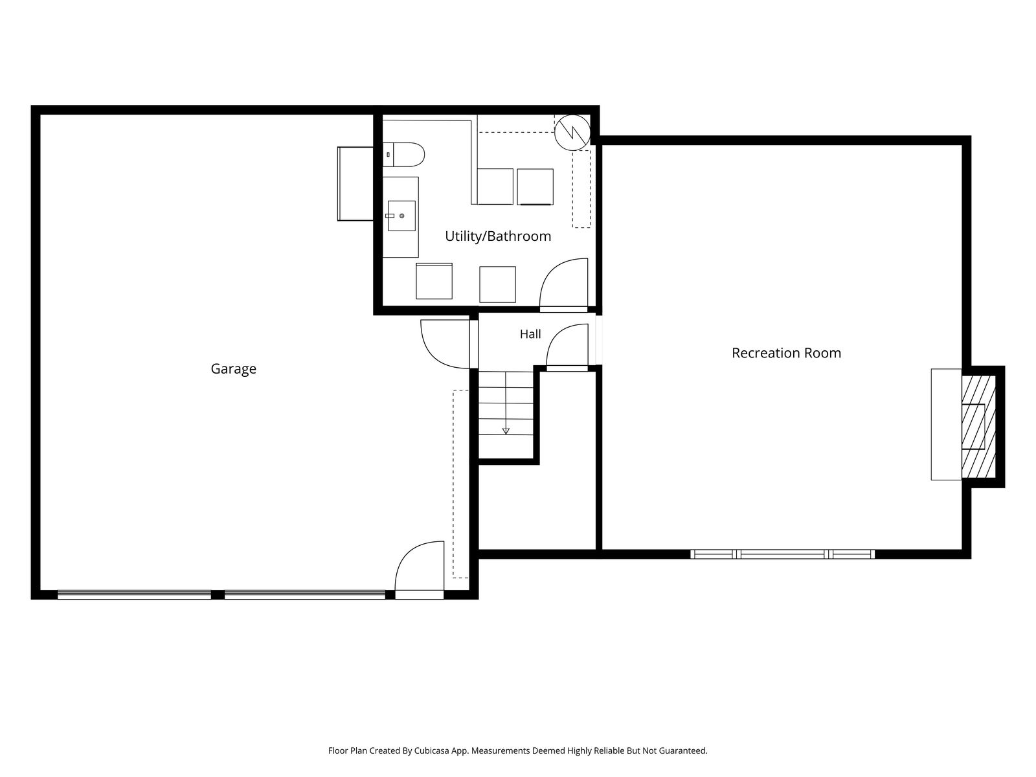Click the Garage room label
point(233,369)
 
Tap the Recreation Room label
point(786,353)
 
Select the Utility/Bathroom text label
point(498,236)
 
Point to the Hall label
point(530,334)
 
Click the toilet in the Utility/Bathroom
point(403,155)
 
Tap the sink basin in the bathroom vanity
point(401,216)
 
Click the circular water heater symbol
point(572,133)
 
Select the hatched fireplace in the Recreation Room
point(978,427)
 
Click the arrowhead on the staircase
point(506,431)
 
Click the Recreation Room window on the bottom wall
point(782,554)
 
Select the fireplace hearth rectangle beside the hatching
point(946,425)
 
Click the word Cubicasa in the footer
point(432,750)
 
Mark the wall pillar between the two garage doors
point(218,594)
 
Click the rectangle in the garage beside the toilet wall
point(355,184)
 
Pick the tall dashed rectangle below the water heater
point(581,188)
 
